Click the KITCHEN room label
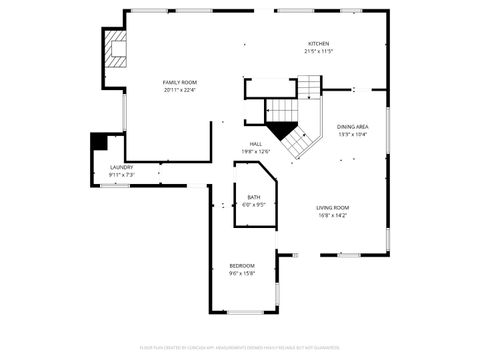319,44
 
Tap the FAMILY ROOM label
180,83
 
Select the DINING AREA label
353,127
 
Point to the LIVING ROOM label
333,208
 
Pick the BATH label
254,197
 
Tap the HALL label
256,144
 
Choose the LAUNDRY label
122,168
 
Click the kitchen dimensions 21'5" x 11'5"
319,51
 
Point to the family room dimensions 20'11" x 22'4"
180,90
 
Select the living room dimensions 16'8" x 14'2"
333,215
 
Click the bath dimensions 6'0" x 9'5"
254,204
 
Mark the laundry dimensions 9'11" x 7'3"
122,175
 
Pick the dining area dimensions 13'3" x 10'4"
353,134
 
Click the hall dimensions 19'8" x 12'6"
256,151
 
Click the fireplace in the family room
115,47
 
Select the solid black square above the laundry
99,141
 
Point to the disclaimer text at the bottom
240,347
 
